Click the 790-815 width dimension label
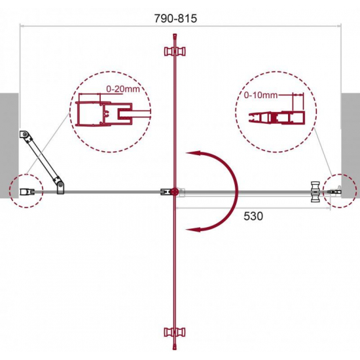(175, 18)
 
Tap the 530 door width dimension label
(253, 216)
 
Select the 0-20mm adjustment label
(123, 89)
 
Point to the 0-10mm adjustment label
(261, 95)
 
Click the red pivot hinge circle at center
(175, 192)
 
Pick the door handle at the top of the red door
(175, 51)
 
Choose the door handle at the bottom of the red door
(175, 332)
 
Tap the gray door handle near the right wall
(315, 192)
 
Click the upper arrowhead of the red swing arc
(193, 154)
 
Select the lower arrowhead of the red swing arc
(193, 229)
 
